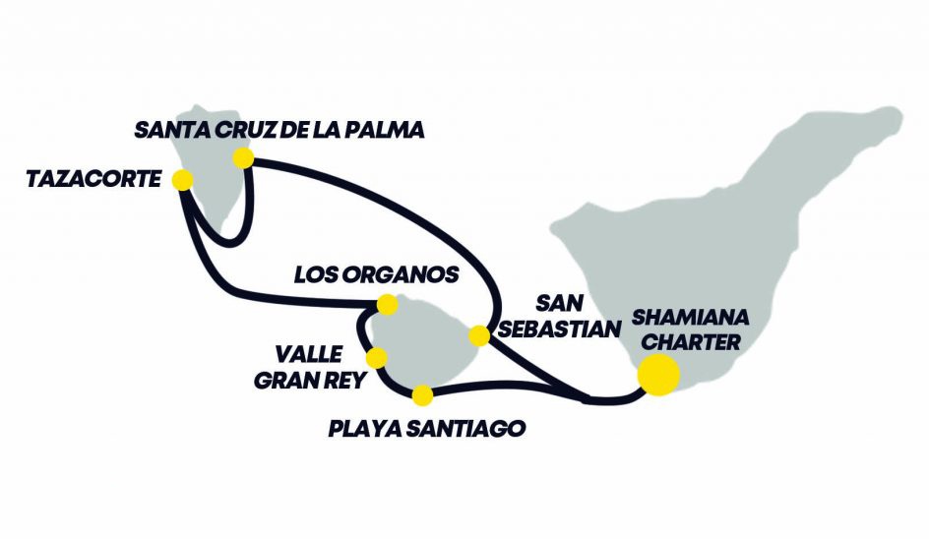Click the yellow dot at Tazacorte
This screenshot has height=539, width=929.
182,180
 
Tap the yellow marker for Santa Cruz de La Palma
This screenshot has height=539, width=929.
243,157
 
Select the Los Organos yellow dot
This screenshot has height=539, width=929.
388,304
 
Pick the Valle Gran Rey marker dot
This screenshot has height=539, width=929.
376,358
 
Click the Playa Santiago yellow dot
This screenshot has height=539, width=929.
422,395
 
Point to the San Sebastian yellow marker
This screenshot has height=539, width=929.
479,336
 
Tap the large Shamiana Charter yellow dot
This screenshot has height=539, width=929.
658,375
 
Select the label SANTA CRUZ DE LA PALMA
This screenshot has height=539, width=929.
279,129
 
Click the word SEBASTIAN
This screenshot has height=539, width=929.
554,329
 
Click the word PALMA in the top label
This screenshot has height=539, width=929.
388,129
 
